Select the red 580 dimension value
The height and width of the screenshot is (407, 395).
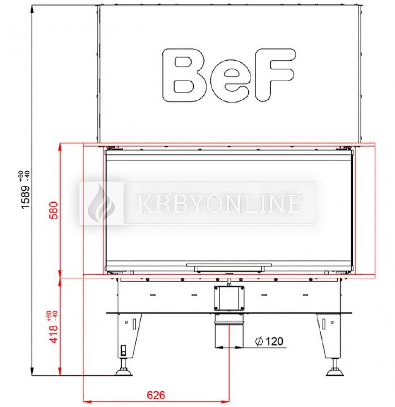point(54,210)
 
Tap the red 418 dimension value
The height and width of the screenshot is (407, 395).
point(54,334)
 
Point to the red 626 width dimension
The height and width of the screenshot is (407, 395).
point(156,395)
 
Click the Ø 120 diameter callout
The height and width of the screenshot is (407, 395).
point(269,341)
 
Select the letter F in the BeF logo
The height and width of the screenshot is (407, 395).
point(274,74)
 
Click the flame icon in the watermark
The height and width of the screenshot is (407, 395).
point(101,203)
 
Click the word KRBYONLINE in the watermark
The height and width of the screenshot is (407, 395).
point(219,203)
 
